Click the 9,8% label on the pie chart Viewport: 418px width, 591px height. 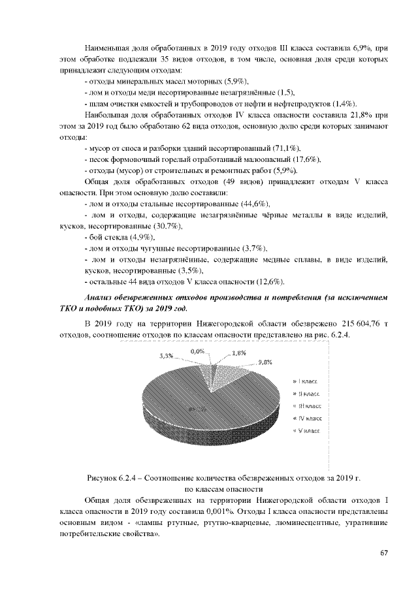point(265,362)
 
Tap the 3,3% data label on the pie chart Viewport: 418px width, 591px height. point(167,356)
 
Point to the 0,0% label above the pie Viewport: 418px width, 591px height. point(198,351)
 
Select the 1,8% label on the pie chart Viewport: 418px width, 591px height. point(239,353)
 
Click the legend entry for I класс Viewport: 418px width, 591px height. point(305,380)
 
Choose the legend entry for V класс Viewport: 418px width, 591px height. point(306,431)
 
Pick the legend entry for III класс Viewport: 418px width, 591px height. point(306,406)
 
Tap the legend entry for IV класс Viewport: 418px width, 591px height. point(306,418)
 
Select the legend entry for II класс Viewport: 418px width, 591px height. point(306,393)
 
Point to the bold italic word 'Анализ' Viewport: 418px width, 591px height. point(101,298)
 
